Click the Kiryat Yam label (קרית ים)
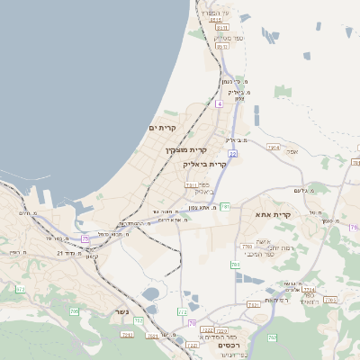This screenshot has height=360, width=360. [x=163, y=129]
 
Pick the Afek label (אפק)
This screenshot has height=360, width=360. [x=292, y=151]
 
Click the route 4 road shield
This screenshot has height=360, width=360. [x=219, y=103]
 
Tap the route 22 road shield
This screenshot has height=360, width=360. [x=232, y=155]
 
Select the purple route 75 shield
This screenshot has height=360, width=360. [x=85, y=238]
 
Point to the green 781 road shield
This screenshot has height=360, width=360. [x=226, y=207]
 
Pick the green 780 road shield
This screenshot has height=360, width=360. [x=235, y=265]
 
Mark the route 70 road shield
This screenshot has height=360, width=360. [x=193, y=323]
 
